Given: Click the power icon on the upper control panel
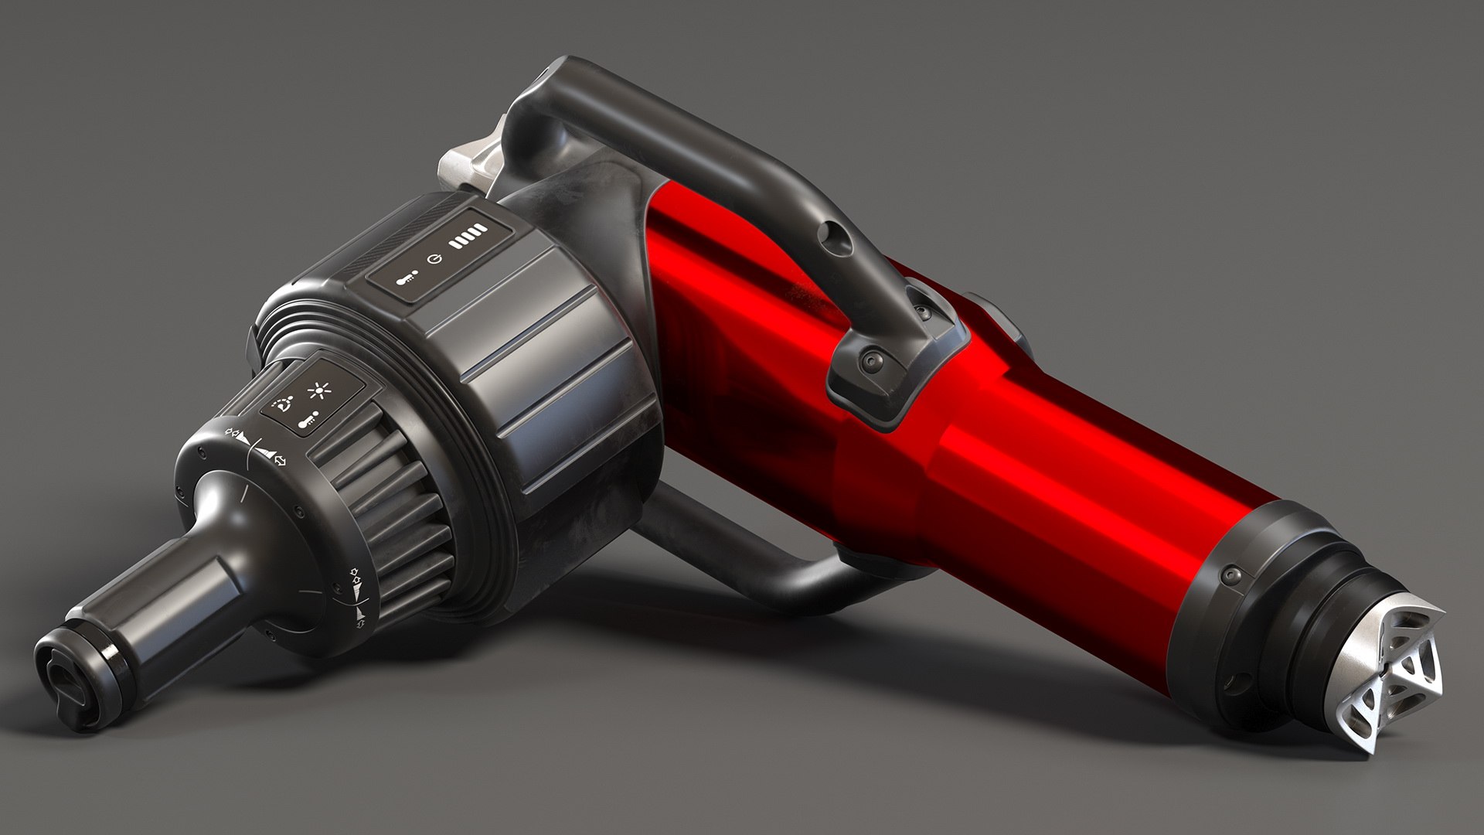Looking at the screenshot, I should (x=437, y=257).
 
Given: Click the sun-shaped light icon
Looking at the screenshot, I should (x=318, y=390).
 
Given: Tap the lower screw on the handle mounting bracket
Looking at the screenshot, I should (x=872, y=360).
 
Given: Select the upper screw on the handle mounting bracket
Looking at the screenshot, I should (x=922, y=312).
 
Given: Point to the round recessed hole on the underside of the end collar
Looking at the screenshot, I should (x=1234, y=685).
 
